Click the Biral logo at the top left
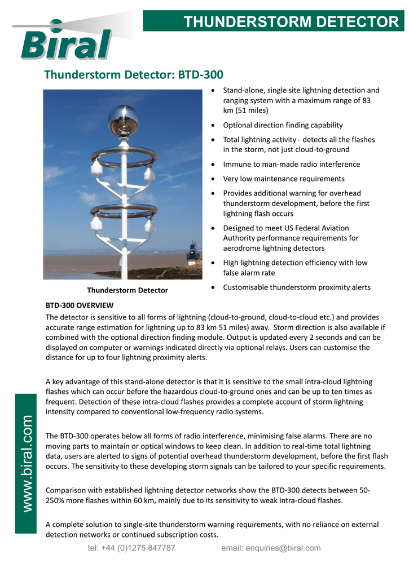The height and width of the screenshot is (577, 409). pyautogui.click(x=65, y=42)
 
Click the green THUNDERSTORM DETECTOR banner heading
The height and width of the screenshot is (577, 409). pyautogui.click(x=291, y=21)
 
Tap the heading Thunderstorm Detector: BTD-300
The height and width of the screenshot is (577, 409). pyautogui.click(x=134, y=74)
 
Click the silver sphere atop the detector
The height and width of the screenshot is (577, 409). pyautogui.click(x=123, y=121)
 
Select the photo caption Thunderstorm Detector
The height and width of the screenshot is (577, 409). pyautogui.click(x=127, y=290)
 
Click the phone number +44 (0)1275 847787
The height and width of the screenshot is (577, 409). pyautogui.click(x=131, y=548)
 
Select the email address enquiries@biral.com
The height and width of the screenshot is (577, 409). pyautogui.click(x=271, y=548)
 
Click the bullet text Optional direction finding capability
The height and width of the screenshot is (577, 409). pyautogui.click(x=283, y=125)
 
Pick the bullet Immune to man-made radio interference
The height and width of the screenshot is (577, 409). pyautogui.click(x=291, y=164)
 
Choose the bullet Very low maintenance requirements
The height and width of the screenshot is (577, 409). pyautogui.click(x=284, y=179)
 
